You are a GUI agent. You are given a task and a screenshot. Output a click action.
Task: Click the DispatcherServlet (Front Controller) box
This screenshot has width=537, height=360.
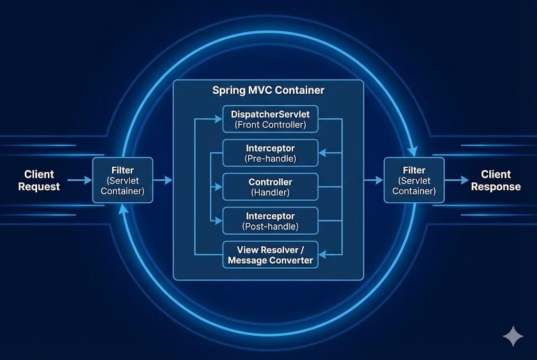point(270,119)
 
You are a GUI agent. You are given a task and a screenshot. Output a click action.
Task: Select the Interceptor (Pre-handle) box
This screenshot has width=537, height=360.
point(270,153)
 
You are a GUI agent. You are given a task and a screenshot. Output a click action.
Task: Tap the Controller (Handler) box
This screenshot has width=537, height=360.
point(270,187)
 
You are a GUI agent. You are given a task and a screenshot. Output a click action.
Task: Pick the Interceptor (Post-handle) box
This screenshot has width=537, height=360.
point(270,221)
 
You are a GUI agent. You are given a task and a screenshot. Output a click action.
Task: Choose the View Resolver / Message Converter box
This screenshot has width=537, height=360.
point(270,255)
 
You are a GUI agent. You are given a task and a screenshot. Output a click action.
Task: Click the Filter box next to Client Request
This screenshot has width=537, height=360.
point(123,180)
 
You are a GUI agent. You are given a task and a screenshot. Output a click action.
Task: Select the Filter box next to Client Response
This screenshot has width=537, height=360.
point(414,180)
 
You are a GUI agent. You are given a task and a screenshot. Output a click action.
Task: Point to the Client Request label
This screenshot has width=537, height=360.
point(39,180)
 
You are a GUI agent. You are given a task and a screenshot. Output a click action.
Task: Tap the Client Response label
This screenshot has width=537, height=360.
point(496,180)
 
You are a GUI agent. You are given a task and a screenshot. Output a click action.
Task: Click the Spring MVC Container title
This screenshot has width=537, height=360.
point(268,90)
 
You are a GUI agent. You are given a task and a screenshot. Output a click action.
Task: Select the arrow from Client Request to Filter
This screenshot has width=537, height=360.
point(79,180)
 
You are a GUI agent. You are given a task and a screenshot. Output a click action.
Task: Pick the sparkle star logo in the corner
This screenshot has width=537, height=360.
point(512,336)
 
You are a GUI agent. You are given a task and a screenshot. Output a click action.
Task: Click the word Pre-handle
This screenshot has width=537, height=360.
point(270,159)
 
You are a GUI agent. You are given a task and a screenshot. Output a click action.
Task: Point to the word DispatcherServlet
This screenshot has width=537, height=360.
point(270,114)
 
